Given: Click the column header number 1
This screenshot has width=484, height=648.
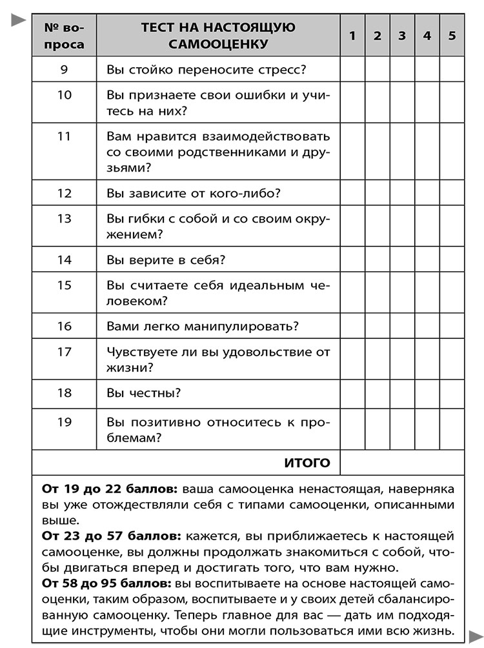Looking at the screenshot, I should point(352,36).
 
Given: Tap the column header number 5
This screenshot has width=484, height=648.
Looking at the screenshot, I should point(452,36).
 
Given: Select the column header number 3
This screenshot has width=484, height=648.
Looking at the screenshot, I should point(402,36).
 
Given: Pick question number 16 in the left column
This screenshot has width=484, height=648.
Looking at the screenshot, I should point(64,326).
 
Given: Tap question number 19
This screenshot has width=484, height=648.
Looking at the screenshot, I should point(64,423).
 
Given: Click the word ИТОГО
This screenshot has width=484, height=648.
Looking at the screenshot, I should point(307,463).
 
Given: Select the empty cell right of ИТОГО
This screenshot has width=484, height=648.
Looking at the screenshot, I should point(401,463).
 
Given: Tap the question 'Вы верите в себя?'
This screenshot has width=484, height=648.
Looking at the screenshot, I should point(165,260).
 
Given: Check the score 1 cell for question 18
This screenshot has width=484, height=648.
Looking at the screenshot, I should point(352,393).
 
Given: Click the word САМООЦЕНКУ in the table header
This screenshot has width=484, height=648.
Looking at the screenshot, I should point(217,45).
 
